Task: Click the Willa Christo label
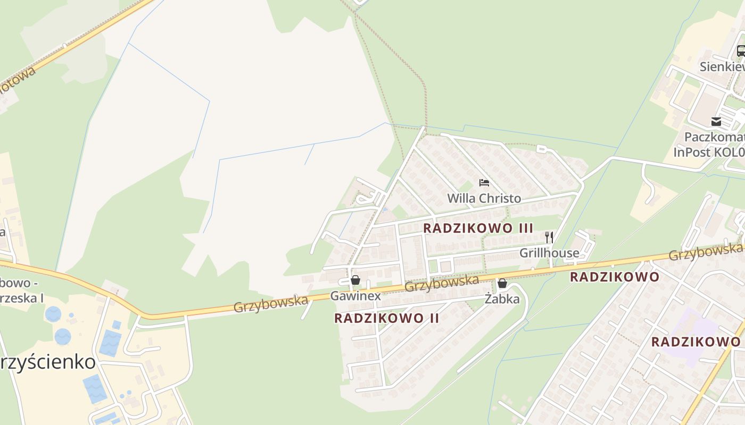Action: [484, 199]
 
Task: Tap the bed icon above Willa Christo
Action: [484, 183]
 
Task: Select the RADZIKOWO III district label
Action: [478, 228]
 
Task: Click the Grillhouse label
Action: [549, 253]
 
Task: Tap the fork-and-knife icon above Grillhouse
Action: [549, 237]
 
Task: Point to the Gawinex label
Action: [355, 296]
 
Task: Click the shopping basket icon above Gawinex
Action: [355, 280]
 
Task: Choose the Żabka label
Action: [502, 299]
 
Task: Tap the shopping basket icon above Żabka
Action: [502, 283]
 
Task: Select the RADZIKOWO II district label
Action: [387, 318]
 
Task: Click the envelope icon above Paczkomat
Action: [716, 122]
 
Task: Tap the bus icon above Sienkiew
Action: [741, 51]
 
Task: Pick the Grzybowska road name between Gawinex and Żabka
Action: [442, 283]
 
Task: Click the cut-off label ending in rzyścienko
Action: [48, 362]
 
